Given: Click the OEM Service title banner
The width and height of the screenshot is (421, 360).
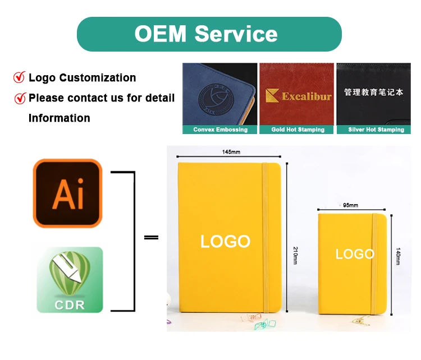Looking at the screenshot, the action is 209,34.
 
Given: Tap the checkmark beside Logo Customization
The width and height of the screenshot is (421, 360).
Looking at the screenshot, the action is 20,77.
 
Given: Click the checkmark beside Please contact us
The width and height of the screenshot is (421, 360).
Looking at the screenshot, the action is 20,98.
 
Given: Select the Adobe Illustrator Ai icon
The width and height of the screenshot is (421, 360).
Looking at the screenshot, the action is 68,193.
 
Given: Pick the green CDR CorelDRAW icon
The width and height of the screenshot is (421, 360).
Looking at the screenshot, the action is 70,280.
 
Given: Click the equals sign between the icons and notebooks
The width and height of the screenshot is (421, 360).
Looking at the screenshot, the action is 151,238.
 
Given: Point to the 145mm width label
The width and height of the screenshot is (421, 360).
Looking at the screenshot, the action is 231,152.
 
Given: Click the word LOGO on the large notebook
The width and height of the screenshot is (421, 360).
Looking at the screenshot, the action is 226,242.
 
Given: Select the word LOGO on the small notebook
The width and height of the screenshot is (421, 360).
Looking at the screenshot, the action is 355,254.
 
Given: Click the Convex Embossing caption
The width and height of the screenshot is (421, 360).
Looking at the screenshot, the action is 220,130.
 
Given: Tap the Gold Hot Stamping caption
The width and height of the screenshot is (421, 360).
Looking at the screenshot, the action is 298,130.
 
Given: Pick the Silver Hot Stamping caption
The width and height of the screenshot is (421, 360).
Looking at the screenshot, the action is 376,130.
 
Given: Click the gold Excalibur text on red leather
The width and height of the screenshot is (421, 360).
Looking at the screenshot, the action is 299,96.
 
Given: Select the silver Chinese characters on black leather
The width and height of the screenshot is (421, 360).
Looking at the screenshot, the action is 373,92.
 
